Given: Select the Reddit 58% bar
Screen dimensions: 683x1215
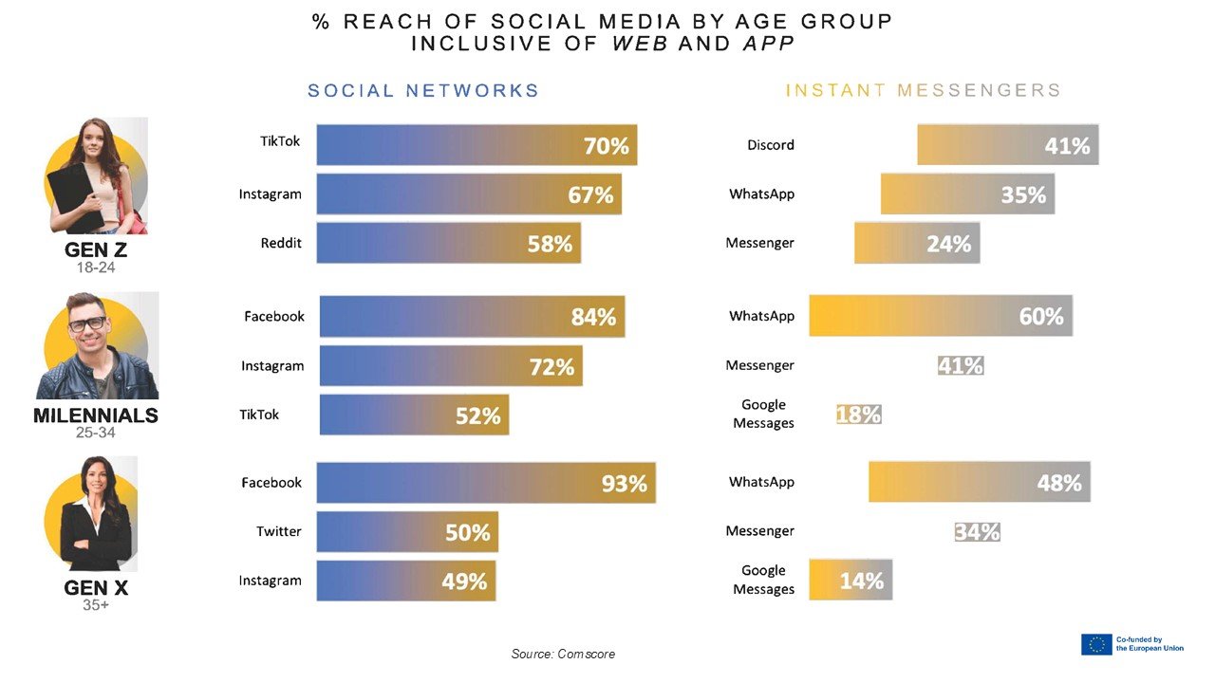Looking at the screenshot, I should click(x=448, y=243).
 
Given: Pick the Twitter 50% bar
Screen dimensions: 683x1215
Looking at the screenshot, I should click(x=407, y=532).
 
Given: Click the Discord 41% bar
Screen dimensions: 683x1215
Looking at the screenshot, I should click(x=1007, y=145).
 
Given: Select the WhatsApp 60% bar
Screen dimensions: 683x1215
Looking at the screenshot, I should click(x=940, y=315).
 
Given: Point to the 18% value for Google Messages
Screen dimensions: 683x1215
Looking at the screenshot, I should click(x=859, y=415).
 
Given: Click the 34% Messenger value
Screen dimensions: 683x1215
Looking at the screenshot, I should click(x=977, y=532).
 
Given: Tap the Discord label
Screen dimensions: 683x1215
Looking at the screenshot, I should click(x=771, y=145).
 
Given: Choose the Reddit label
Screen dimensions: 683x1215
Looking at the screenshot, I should click(x=281, y=243).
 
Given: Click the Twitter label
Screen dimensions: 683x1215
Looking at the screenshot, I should click(x=279, y=531).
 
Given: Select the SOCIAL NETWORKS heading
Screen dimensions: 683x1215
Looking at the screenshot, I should click(x=423, y=91).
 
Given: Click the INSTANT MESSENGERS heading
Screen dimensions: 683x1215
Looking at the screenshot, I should click(x=923, y=91).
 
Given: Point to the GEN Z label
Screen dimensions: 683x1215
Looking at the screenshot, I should click(x=96, y=251).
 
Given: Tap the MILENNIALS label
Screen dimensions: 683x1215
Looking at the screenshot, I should click(x=96, y=415).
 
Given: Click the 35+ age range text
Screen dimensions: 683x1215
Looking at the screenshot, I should click(x=96, y=604).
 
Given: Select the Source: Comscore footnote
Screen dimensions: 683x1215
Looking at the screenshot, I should click(x=563, y=654).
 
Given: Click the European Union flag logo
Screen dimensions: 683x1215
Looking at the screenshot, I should click(x=1096, y=644).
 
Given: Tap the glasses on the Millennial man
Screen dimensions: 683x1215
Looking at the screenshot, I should click(x=87, y=323).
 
